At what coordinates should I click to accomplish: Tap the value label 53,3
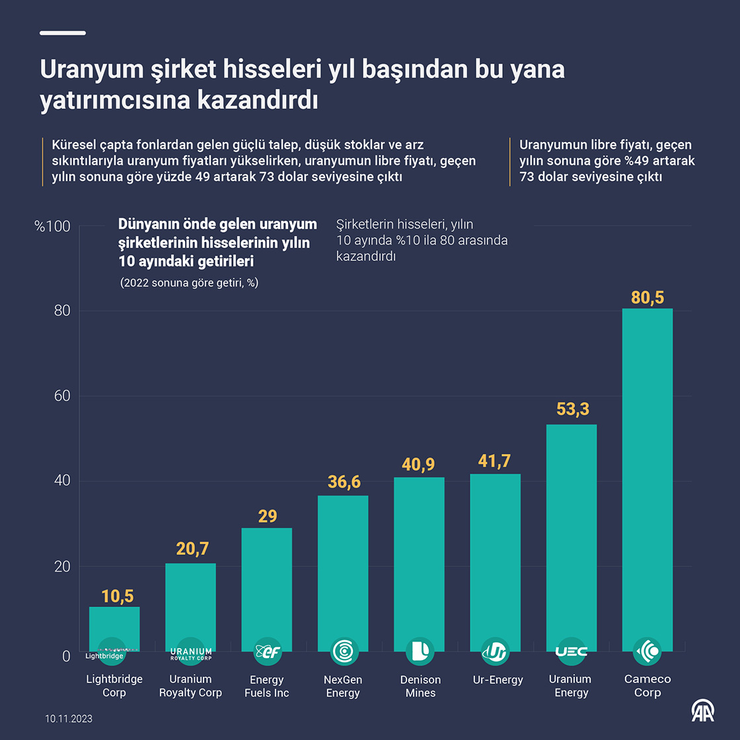(x=573, y=409)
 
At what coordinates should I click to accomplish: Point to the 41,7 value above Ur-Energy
(x=495, y=461)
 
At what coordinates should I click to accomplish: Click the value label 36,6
(x=344, y=482)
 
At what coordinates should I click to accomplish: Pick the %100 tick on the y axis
(x=53, y=227)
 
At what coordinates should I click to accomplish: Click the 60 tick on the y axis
(x=62, y=396)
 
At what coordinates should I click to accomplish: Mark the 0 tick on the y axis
(x=66, y=656)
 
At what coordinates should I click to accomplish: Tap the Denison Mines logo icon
(x=420, y=651)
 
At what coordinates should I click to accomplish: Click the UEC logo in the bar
(x=572, y=651)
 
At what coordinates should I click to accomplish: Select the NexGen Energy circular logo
(x=344, y=651)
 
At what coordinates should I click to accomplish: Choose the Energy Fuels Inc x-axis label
(x=267, y=686)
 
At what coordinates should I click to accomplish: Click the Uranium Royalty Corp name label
(x=190, y=686)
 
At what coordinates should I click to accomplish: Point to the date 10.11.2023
(x=69, y=718)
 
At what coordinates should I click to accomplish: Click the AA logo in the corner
(x=703, y=712)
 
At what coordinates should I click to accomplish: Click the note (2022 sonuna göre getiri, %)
(x=189, y=283)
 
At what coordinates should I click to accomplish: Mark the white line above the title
(x=63, y=33)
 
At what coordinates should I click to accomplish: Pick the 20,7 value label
(x=192, y=548)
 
